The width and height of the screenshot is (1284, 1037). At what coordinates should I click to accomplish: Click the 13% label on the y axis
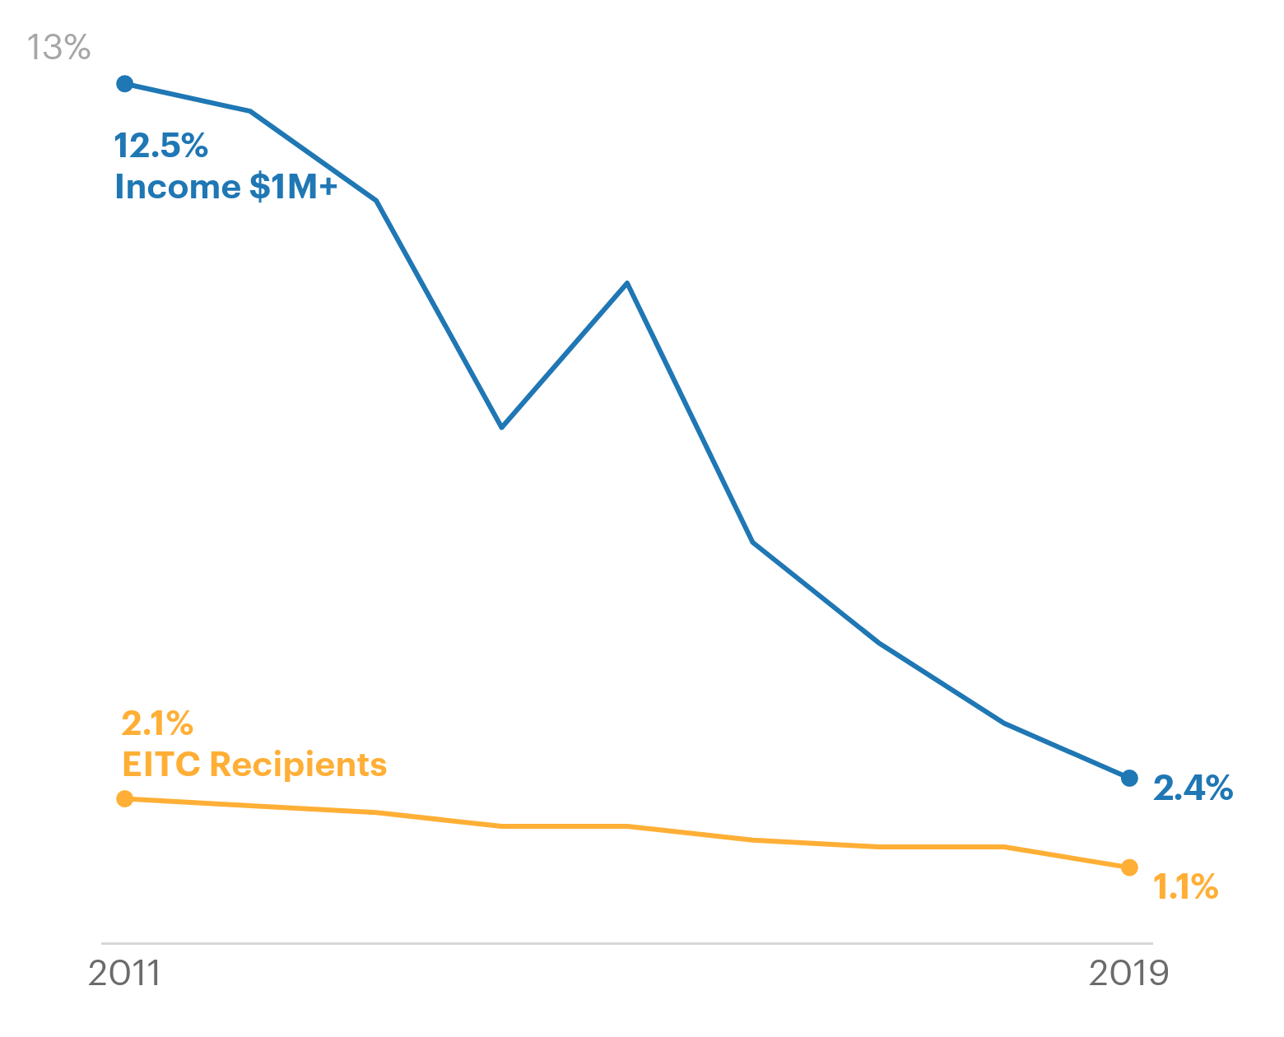tap(58, 48)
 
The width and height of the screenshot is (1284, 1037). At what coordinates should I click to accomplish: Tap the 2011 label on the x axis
tap(123, 974)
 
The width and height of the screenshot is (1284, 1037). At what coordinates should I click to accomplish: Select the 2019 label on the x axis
tap(1128, 974)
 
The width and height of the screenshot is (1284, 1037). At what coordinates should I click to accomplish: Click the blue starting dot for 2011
tap(125, 83)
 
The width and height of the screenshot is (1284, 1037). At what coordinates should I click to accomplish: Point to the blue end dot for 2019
tap(1129, 778)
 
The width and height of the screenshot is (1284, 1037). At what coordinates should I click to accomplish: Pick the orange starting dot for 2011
tap(125, 798)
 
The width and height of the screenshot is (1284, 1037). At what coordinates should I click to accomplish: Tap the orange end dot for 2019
tap(1129, 867)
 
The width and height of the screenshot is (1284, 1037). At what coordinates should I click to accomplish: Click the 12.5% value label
tap(160, 146)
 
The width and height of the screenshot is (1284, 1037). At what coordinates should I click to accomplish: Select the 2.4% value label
tap(1193, 788)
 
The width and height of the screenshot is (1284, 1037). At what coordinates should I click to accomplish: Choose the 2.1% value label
tap(156, 724)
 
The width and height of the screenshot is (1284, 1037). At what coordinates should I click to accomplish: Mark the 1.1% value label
tap(1185, 887)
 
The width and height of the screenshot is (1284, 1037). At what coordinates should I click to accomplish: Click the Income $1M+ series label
tap(226, 188)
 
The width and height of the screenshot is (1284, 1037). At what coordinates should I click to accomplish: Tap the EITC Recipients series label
tap(254, 765)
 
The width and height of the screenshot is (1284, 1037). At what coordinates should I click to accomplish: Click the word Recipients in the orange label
tap(298, 765)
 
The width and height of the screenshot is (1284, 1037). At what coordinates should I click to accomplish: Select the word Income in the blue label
tap(177, 188)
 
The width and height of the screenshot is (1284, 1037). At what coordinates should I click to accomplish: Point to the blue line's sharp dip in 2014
tap(501, 427)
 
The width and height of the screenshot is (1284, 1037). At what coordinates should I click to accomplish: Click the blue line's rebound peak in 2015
tap(627, 283)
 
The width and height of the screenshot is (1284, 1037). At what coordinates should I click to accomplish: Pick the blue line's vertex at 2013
tap(376, 200)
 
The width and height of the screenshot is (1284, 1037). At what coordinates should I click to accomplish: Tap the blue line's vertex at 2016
tap(753, 542)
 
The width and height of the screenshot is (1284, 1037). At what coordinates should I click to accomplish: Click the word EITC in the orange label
tap(160, 765)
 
